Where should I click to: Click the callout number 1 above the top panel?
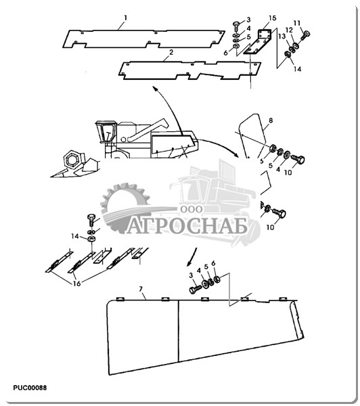point(126,18)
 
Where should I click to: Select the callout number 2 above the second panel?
point(171,52)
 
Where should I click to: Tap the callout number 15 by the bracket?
point(272,18)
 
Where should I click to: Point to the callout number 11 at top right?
point(297,23)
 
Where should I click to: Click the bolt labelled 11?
point(305,35)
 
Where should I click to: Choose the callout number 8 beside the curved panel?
point(271,120)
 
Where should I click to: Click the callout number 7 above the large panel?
point(141,289)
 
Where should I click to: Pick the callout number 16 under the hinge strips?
point(77,284)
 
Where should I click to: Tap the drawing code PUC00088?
point(30,388)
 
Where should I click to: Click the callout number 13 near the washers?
point(282,37)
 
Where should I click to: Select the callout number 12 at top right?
point(290,30)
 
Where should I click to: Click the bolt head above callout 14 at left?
point(92,217)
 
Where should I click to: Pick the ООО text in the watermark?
point(192,209)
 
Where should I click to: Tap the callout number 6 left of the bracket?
point(226,53)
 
